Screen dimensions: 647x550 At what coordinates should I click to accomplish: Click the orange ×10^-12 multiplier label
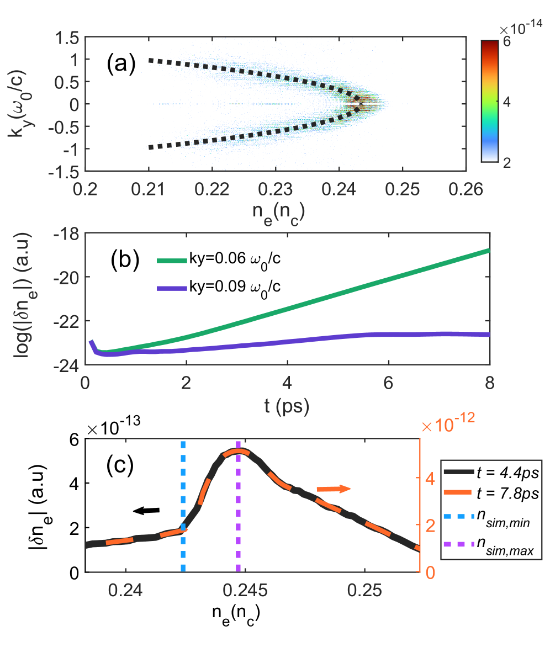(448, 426)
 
